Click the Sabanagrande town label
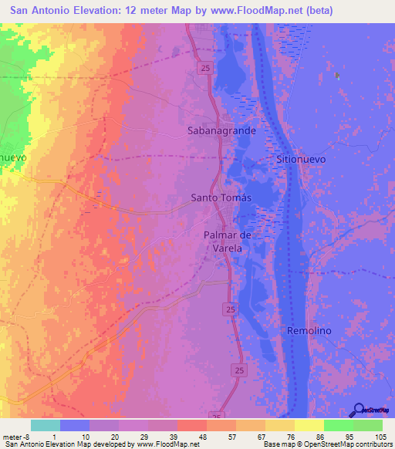(x=221, y=131)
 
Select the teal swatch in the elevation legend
(x=46, y=425)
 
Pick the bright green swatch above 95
(x=339, y=425)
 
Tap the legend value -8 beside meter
(x=29, y=436)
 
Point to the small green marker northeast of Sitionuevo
(x=337, y=76)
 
